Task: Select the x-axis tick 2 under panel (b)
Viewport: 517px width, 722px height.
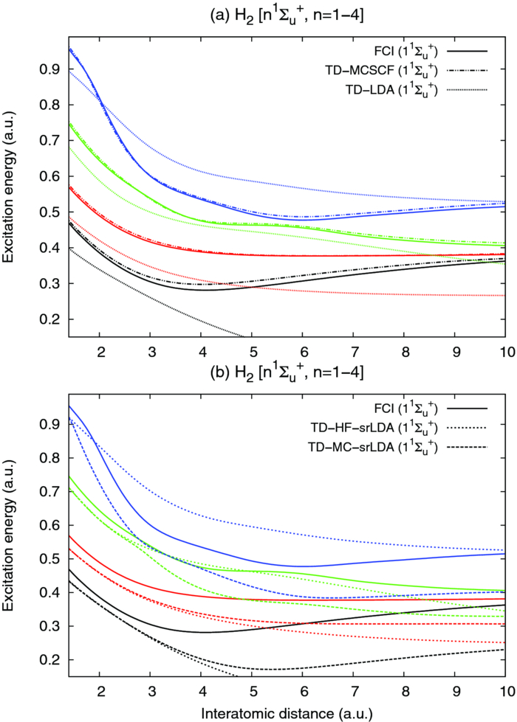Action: [100, 690]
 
